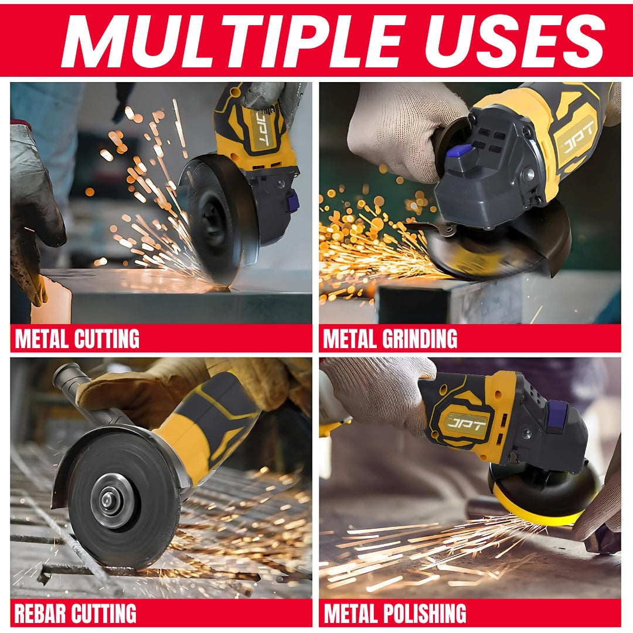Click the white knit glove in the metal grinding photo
(399, 129)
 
